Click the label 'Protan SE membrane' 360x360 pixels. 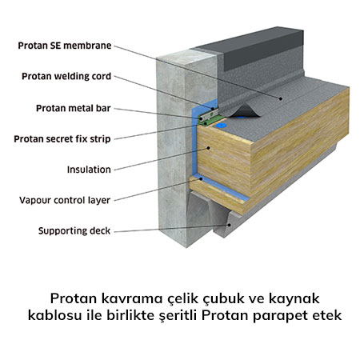(x=65, y=46)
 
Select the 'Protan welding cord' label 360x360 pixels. (x=66, y=76)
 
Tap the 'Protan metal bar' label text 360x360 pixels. (x=74, y=108)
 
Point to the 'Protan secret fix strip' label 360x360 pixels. (x=62, y=139)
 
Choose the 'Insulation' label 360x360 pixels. (x=89, y=170)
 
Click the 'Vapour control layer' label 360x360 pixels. (x=65, y=200)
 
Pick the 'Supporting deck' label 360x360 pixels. (x=74, y=231)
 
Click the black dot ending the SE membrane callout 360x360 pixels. (x=281, y=98)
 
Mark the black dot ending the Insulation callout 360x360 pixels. (x=209, y=148)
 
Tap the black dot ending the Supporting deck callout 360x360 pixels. (x=229, y=225)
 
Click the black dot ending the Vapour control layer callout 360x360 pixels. (x=201, y=179)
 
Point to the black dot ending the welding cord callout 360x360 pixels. (x=213, y=109)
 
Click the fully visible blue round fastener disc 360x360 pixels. (x=221, y=125)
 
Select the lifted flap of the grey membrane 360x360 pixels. (x=244, y=111)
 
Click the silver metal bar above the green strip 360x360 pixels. (x=210, y=115)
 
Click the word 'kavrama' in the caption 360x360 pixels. (x=132, y=298)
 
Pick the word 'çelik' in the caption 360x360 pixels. (x=184, y=299)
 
